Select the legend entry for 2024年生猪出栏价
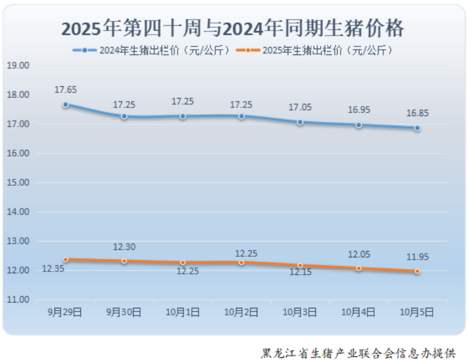(x=154, y=50)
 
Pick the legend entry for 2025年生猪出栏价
(x=315, y=50)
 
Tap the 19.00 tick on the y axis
(x=18, y=66)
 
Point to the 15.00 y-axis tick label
(x=18, y=182)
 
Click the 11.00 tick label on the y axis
(x=18, y=300)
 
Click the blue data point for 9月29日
(x=66, y=105)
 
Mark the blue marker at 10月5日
(x=417, y=128)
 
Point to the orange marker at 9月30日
(x=124, y=261)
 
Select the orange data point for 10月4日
(x=358, y=268)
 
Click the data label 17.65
(x=66, y=90)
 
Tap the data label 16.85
(x=417, y=113)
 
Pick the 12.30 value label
(x=124, y=247)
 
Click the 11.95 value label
(x=417, y=257)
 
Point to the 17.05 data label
(x=300, y=107)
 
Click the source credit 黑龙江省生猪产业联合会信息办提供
(x=358, y=353)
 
